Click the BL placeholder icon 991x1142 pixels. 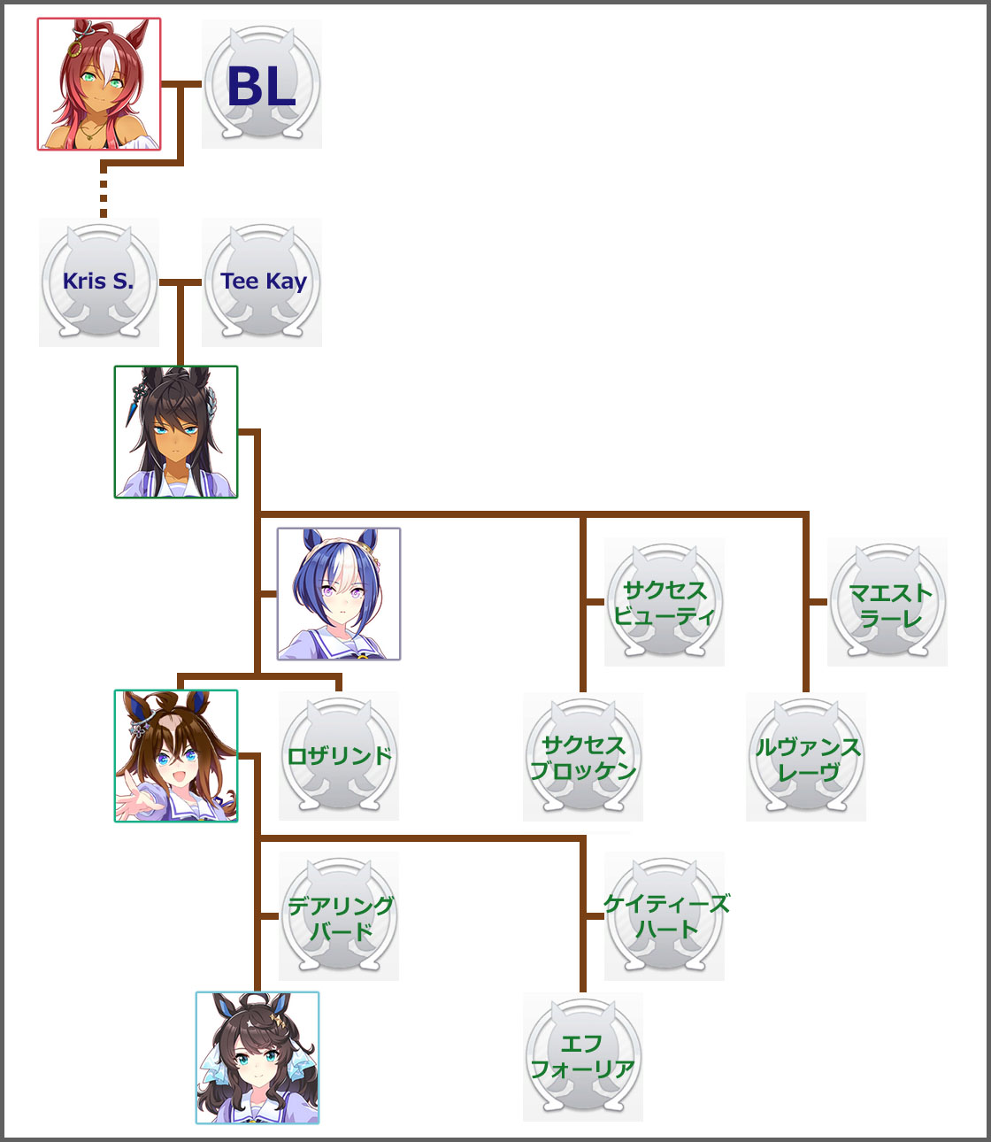(262, 85)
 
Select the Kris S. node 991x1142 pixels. (99, 282)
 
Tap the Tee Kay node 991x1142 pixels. (262, 282)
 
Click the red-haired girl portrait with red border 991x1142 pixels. (99, 84)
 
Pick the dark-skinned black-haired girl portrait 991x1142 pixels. (176, 432)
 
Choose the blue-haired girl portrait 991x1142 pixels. (339, 594)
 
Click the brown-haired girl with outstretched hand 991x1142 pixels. (176, 756)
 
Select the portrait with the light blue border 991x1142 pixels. (257, 1058)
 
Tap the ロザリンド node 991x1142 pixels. (339, 756)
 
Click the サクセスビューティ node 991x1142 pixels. (665, 602)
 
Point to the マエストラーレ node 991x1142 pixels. (887, 602)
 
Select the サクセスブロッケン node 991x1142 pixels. (583, 757)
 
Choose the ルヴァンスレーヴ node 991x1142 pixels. (806, 757)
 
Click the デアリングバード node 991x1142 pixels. (339, 916)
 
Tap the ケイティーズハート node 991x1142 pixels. (665, 916)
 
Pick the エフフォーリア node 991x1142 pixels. (583, 1057)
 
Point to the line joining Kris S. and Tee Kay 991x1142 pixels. (181, 282)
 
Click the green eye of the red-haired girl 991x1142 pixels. (88, 78)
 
